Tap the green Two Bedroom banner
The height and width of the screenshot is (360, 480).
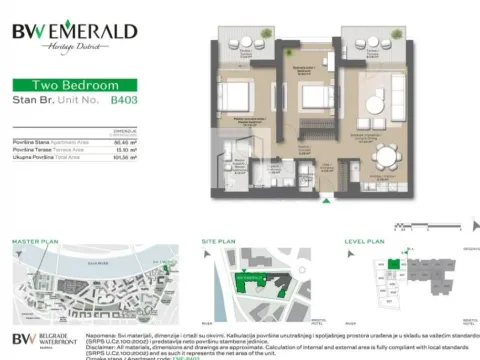pos(63,86)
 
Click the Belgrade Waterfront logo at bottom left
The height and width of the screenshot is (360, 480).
pos(45,340)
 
